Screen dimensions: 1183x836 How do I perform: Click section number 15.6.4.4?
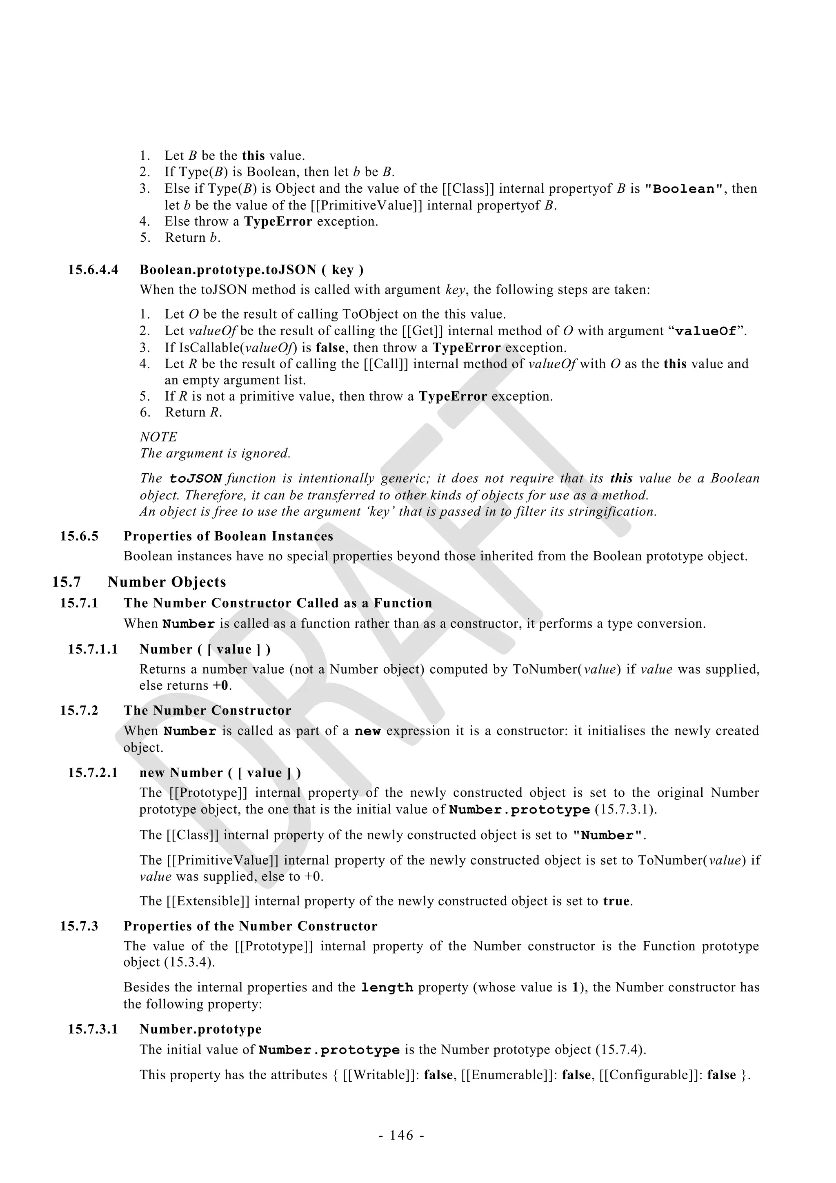point(93,270)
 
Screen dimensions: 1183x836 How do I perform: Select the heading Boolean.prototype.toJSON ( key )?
point(251,270)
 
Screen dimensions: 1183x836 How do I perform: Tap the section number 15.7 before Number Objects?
point(67,582)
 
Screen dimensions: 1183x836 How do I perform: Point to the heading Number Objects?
point(167,582)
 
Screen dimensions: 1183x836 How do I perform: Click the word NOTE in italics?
point(158,437)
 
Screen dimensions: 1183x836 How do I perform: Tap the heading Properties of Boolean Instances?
point(228,536)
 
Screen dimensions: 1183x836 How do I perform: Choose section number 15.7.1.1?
point(93,649)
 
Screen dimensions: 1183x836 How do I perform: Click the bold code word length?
point(387,988)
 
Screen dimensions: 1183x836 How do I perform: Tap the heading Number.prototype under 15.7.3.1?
point(200,1029)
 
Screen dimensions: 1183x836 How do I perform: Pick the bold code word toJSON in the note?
point(196,479)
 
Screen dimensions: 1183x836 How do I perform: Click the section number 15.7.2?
point(79,711)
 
